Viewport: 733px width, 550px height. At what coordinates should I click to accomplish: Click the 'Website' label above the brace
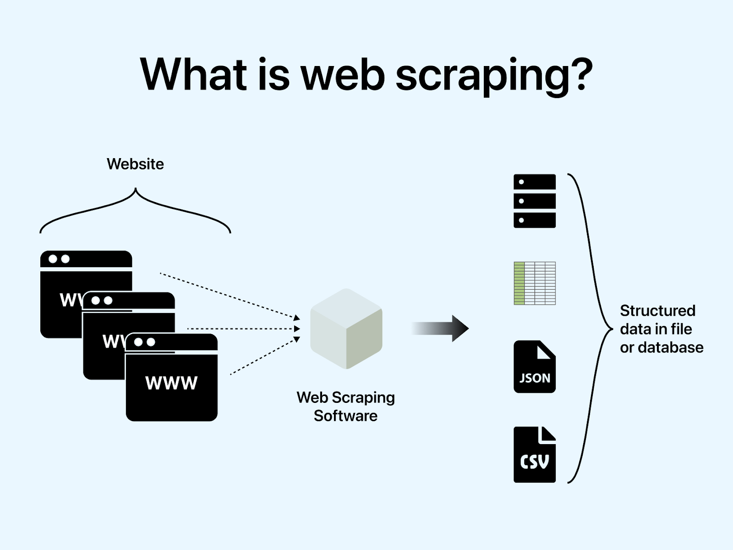[x=135, y=164]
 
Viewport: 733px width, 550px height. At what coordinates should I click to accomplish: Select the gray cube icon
[x=346, y=329]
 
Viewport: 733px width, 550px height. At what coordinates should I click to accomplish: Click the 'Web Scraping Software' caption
[x=345, y=407]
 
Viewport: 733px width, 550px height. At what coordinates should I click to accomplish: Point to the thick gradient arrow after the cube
[x=440, y=328]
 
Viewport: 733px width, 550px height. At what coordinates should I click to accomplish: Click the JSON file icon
[x=534, y=367]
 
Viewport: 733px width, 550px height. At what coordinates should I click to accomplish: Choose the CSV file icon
[x=534, y=455]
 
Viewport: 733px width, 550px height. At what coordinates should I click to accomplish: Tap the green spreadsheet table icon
[x=534, y=283]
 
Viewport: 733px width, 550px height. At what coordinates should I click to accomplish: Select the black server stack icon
[x=534, y=201]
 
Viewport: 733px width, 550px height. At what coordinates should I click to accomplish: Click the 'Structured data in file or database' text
[x=661, y=329]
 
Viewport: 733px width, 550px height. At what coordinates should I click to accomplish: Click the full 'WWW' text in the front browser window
[x=171, y=383]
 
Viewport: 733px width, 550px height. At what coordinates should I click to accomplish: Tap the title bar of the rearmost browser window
[x=86, y=259]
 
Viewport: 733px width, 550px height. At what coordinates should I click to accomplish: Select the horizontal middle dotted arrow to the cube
[x=243, y=329]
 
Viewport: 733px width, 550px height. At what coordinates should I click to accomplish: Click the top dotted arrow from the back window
[x=229, y=295]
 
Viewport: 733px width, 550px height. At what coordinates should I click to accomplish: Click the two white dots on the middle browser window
[x=102, y=301]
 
